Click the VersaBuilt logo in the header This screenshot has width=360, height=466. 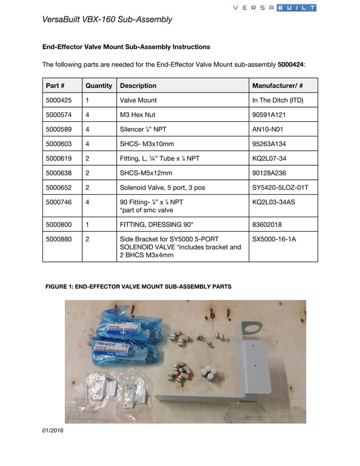tap(275, 8)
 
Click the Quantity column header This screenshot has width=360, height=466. tap(99, 86)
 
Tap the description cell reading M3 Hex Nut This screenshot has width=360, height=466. tap(138, 115)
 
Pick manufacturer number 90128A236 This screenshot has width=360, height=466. tap(270, 173)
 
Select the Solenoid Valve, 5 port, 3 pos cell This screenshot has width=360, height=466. tap(166, 188)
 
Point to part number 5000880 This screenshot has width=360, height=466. tap(59, 239)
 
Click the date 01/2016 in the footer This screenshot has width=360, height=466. tap(53, 430)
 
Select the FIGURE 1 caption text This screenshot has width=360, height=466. tap(138, 287)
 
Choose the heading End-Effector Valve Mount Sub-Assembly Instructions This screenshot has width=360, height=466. tap(126, 47)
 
